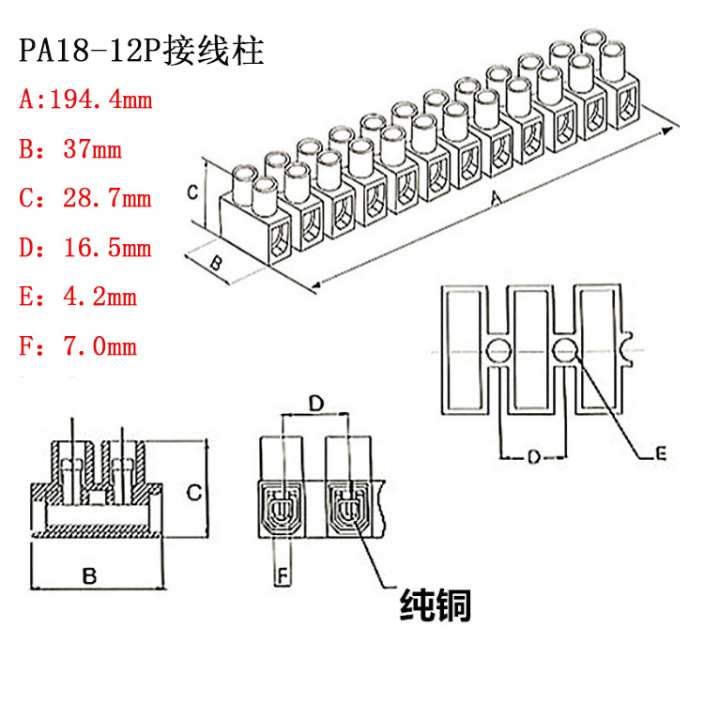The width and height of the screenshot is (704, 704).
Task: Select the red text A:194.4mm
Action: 85,99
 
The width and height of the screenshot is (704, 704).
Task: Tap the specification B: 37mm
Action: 70,148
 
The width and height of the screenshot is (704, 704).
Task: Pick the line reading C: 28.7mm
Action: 85,198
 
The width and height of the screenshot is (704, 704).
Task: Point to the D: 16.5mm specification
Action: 85,248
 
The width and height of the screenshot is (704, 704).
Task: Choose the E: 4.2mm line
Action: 78,298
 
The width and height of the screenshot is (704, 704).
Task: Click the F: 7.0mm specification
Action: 78,347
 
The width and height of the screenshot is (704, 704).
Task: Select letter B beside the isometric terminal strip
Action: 214,263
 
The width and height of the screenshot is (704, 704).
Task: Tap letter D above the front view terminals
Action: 316,404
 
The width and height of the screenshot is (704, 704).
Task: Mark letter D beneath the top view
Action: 532,457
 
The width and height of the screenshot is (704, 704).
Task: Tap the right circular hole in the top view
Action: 565,352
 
